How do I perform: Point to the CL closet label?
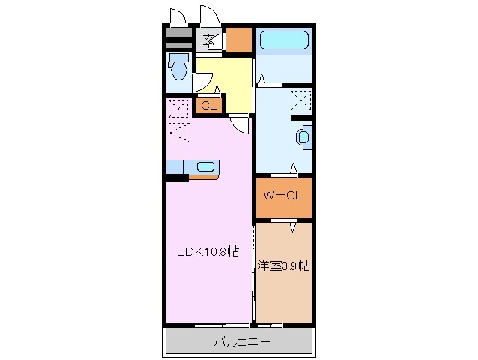[x=208, y=106]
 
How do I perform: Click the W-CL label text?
[x=282, y=196]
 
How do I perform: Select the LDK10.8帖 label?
[x=208, y=253]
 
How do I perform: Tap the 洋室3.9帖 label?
[x=284, y=265]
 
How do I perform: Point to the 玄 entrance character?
[x=210, y=40]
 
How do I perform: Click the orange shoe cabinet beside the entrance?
[x=239, y=40]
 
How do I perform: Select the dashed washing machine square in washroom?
[x=301, y=100]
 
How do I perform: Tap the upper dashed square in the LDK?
[x=179, y=109]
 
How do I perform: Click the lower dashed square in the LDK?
[x=179, y=132]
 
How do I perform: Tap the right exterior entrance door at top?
[x=208, y=16]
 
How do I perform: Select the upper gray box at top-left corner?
[x=178, y=33]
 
